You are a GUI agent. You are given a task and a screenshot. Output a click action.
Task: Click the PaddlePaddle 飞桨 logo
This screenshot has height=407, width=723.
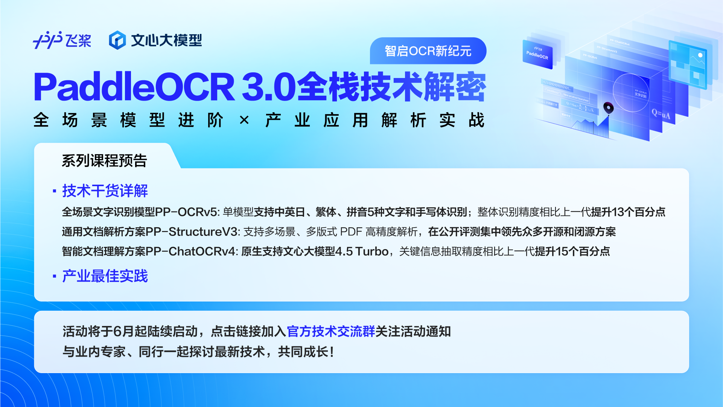[x=62, y=40]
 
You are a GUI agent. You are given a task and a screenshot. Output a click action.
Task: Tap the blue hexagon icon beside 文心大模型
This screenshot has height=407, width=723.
[x=117, y=40]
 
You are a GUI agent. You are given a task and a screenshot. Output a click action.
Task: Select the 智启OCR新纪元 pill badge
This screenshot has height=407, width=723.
[x=428, y=51]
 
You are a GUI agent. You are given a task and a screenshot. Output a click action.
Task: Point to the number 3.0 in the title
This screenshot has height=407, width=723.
[x=268, y=87]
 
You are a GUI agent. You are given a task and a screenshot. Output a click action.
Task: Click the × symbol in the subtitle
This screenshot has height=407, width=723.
[x=244, y=121]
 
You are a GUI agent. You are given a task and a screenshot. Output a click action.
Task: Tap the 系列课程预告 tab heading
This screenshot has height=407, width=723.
[x=104, y=161]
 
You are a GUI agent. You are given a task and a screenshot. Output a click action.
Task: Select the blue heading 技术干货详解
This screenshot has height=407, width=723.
[x=105, y=191]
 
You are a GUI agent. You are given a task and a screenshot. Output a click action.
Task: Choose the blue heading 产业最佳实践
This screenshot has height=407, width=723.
[x=105, y=276]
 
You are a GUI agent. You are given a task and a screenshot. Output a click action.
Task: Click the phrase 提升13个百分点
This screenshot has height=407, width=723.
[x=628, y=212]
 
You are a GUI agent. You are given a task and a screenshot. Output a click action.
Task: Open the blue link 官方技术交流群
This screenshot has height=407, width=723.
[x=331, y=332]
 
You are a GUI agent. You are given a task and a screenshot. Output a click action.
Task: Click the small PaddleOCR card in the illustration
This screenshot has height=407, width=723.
[x=537, y=55]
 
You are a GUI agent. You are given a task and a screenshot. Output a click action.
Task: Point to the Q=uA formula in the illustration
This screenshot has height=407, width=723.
[x=661, y=114]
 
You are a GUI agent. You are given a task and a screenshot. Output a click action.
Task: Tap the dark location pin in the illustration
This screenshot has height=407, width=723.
[x=608, y=108]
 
